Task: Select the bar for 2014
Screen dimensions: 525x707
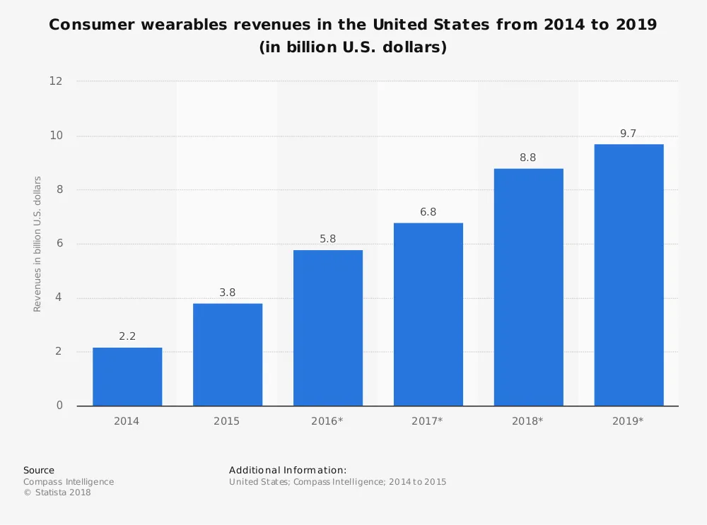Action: tap(127, 377)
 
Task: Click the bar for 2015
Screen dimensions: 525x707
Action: tap(228, 355)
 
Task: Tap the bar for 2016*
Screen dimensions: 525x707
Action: tap(328, 328)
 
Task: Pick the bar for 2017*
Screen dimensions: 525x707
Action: tap(428, 314)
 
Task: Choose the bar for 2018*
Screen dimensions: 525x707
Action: tap(529, 287)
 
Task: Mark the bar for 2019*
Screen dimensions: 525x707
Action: tap(629, 275)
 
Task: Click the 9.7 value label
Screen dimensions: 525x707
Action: tap(629, 134)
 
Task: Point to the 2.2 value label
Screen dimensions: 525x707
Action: tap(127, 337)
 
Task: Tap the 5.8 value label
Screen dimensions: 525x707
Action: tap(328, 240)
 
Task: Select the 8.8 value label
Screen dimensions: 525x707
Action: tap(528, 158)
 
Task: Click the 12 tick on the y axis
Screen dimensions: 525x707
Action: tap(56, 81)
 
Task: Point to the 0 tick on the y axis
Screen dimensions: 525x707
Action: tap(59, 406)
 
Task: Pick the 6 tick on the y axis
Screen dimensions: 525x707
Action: tap(59, 244)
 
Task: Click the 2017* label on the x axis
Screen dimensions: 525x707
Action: tap(428, 421)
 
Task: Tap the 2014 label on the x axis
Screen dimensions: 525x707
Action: tap(127, 421)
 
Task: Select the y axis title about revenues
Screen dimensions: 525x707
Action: tap(37, 244)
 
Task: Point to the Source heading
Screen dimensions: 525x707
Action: tap(39, 470)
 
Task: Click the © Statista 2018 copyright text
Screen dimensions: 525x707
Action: tap(57, 492)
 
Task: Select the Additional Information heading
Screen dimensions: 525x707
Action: tap(288, 470)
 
